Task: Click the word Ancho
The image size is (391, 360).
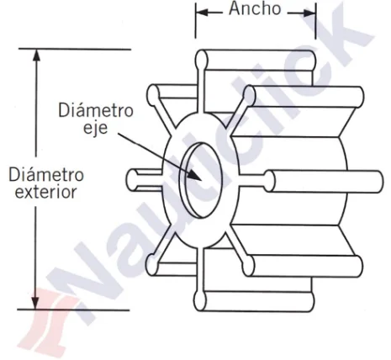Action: [x=255, y=8]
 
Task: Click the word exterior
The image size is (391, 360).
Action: [x=45, y=193]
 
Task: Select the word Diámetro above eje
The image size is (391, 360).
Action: [x=96, y=110]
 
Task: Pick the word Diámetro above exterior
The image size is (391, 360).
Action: [x=46, y=174]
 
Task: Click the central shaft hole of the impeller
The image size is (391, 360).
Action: [x=201, y=180]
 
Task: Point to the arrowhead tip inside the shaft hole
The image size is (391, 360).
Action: [x=202, y=181]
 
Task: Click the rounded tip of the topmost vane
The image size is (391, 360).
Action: [x=202, y=60]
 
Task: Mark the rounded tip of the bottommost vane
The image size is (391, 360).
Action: [x=200, y=301]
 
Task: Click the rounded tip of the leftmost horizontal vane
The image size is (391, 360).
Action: [x=131, y=180]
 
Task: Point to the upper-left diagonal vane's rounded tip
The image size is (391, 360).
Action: [x=153, y=95]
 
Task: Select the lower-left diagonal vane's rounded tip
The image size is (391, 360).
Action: [x=152, y=264]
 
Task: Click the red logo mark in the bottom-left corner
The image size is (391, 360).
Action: [x=49, y=320]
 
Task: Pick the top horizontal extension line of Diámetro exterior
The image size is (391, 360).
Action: [x=75, y=49]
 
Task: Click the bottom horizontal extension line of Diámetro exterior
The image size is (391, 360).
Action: [x=73, y=310]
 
